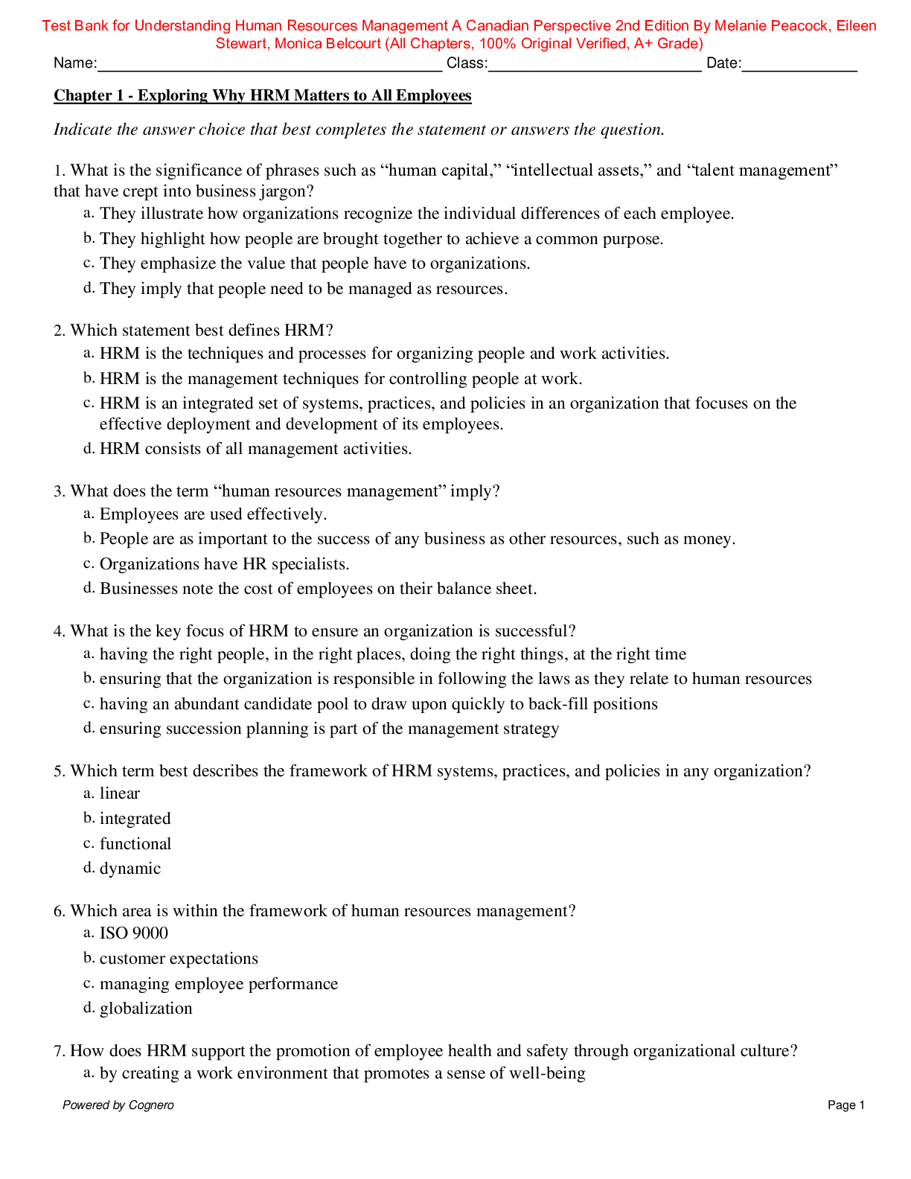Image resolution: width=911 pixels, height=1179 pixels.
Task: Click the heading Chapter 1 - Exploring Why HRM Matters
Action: coord(262,95)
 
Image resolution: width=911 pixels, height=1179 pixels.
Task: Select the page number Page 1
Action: coord(846,1105)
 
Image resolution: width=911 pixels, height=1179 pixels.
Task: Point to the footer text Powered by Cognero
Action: coord(118,1105)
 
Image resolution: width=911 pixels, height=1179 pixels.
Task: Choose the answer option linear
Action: coord(120,793)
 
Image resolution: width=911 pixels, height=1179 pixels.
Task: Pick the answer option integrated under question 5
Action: coord(135,819)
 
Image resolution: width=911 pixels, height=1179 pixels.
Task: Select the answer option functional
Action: coord(135,844)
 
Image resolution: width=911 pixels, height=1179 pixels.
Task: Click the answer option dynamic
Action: coord(130,869)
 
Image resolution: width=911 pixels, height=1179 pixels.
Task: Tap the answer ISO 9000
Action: coord(134,933)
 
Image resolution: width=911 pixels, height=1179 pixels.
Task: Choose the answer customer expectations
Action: coord(179,959)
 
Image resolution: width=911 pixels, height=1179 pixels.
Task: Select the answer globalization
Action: coord(146,1009)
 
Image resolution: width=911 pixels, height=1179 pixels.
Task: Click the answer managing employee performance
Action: coord(219,984)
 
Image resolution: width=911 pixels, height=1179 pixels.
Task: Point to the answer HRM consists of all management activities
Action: coord(255,449)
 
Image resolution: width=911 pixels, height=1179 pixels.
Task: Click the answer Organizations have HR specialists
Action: coord(224,564)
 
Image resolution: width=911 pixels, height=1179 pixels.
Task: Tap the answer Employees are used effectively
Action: coord(213,514)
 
